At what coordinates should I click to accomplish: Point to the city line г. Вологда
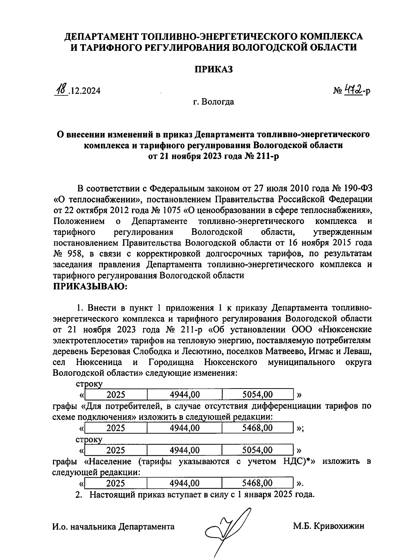(214, 102)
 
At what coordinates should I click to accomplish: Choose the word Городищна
(171, 362)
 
